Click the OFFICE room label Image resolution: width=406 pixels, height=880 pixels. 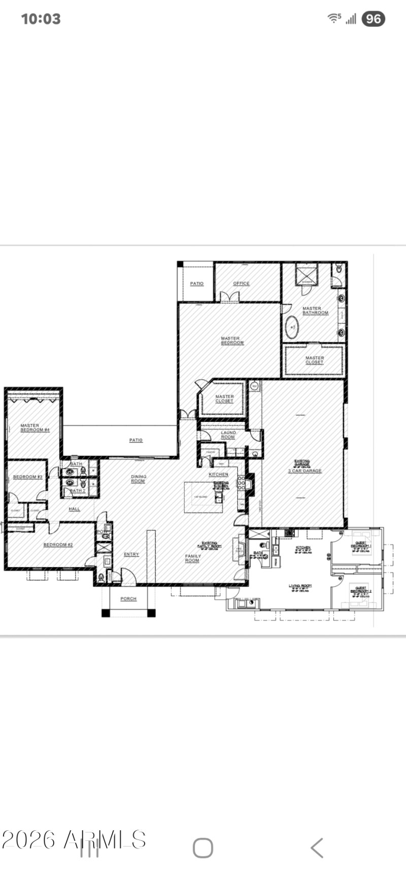tap(241, 283)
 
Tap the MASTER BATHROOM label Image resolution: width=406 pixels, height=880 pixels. tap(315, 311)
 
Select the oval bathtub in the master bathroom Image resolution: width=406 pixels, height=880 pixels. tap(292, 328)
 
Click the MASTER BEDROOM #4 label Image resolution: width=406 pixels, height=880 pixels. tap(35, 428)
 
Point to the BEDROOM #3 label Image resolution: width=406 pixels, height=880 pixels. tap(27, 477)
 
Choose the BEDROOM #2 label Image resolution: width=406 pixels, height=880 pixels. tap(58, 545)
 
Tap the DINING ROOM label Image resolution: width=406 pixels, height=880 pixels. tap(139, 479)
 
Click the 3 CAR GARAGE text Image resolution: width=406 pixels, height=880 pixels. tap(304, 471)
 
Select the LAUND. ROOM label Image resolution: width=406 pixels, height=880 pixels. tap(228, 435)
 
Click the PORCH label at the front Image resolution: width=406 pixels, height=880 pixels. tap(128, 599)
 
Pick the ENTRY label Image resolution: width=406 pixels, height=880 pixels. tap(131, 555)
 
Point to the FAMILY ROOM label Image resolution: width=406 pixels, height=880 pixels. tap(192, 559)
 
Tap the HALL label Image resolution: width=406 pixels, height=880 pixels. tap(75, 509)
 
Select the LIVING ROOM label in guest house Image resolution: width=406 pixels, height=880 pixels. tap(300, 586)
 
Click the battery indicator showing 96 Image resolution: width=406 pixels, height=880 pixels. tap(373, 19)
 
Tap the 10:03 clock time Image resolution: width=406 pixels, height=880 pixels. tap(41, 19)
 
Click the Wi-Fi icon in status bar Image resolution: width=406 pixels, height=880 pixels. tap(334, 18)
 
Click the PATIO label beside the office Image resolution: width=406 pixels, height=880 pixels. tap(196, 284)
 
